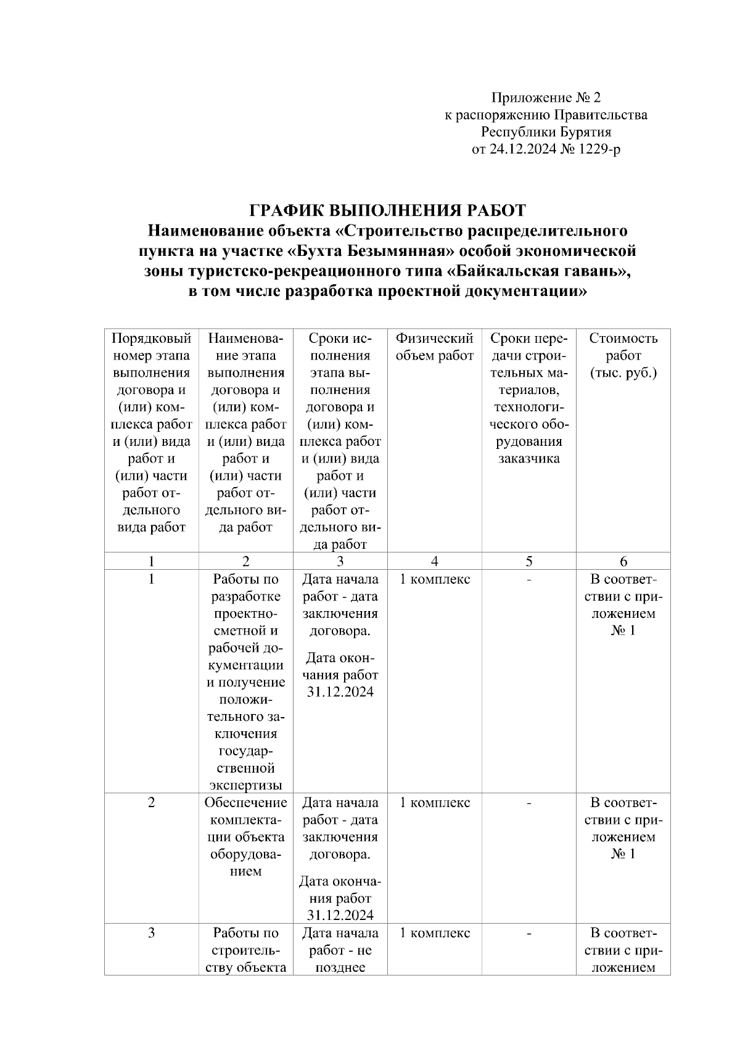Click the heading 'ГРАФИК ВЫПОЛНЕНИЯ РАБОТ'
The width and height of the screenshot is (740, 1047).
[x=387, y=210]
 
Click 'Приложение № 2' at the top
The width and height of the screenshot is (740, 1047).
[x=545, y=97]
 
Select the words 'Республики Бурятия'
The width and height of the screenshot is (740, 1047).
[x=545, y=132]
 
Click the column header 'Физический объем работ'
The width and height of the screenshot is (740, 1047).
[x=434, y=347]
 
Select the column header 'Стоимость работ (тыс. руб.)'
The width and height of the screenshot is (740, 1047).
[x=623, y=355]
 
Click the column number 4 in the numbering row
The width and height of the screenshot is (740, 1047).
[x=435, y=561]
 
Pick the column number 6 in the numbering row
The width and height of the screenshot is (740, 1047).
[x=623, y=561]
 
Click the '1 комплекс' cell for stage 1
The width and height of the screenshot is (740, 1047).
[x=435, y=579]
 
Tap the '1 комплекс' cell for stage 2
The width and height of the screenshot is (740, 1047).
[x=435, y=802]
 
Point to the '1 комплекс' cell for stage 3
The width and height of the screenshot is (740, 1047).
[x=435, y=933]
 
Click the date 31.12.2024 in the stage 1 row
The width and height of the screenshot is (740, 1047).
[x=340, y=692]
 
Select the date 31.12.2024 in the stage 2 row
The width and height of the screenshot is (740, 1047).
[x=340, y=914]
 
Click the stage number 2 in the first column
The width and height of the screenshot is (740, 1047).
[x=152, y=802]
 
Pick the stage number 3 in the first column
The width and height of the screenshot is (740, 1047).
[x=152, y=933]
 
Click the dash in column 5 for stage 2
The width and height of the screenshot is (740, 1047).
[x=529, y=802]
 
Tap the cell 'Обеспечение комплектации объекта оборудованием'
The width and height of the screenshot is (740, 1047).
[x=246, y=837]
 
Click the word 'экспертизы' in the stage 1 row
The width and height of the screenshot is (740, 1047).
[x=246, y=785]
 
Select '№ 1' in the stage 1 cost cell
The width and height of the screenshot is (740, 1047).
[x=623, y=630]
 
